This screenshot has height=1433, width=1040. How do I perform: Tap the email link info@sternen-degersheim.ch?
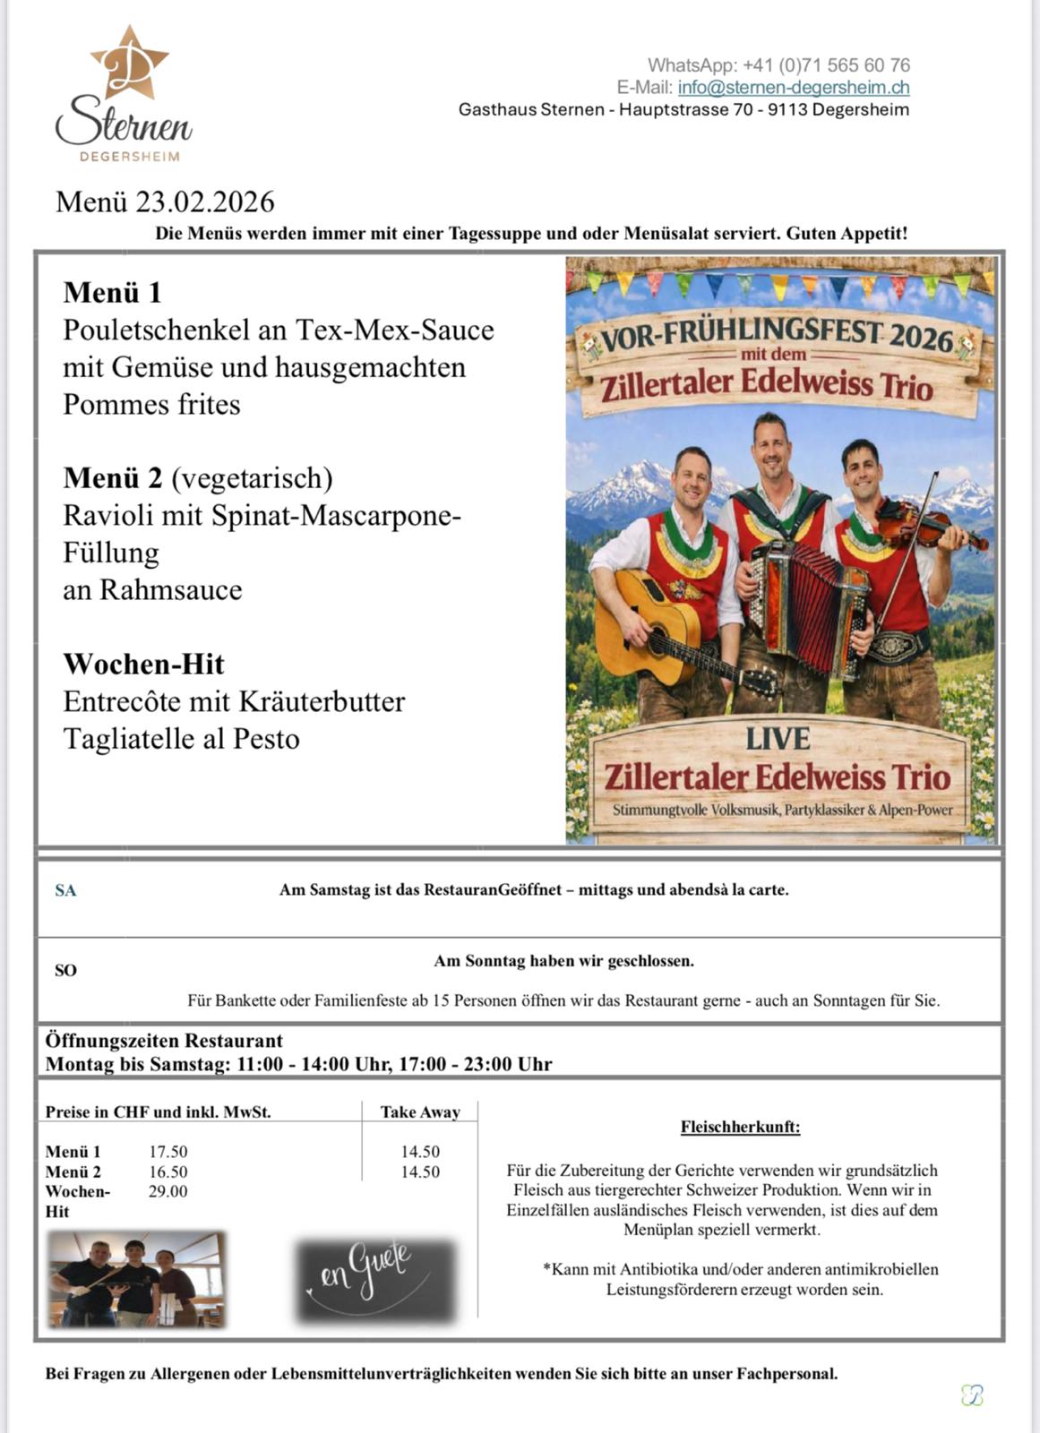(x=794, y=88)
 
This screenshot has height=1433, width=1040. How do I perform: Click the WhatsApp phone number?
(x=826, y=65)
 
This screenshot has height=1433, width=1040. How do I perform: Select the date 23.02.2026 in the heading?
(x=205, y=202)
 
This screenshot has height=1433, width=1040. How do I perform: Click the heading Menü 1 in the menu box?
(x=112, y=292)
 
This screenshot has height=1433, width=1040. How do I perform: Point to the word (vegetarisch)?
(x=252, y=478)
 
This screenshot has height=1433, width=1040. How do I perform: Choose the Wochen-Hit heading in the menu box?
(x=143, y=664)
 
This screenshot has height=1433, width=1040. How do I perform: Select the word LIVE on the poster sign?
(x=778, y=739)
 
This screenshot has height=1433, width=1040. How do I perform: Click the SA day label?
(x=65, y=890)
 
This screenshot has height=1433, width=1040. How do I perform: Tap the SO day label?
(x=65, y=970)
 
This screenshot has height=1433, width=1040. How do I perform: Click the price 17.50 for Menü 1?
(x=168, y=1152)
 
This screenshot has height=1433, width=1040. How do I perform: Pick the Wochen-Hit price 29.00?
(x=168, y=1191)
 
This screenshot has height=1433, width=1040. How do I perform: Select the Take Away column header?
(x=420, y=1112)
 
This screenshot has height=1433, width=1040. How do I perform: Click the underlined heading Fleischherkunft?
(x=740, y=1127)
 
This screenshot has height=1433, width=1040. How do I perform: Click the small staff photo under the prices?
(x=136, y=1279)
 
